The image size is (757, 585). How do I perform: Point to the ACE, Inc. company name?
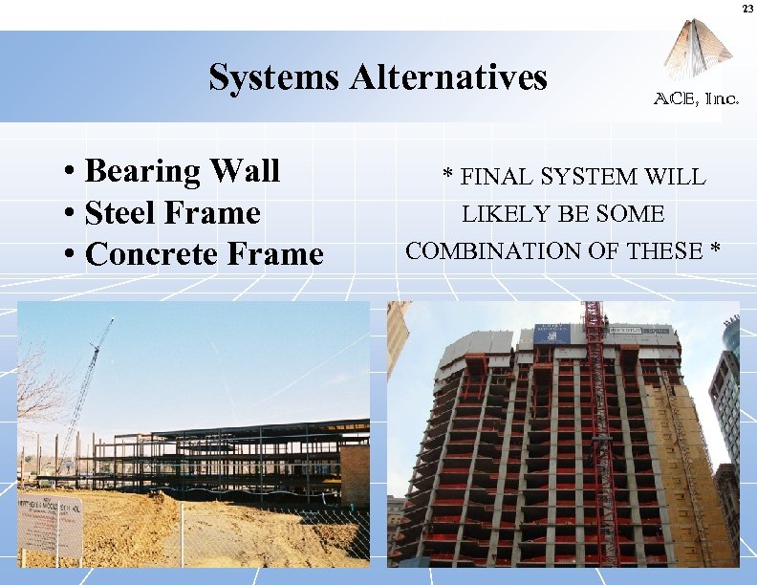pyautogui.click(x=696, y=98)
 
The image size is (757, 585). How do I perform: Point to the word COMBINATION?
pyautogui.click(x=481, y=251)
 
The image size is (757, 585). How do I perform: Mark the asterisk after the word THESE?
pyautogui.click(x=715, y=251)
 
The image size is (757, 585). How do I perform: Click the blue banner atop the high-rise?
pyautogui.click(x=552, y=334)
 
